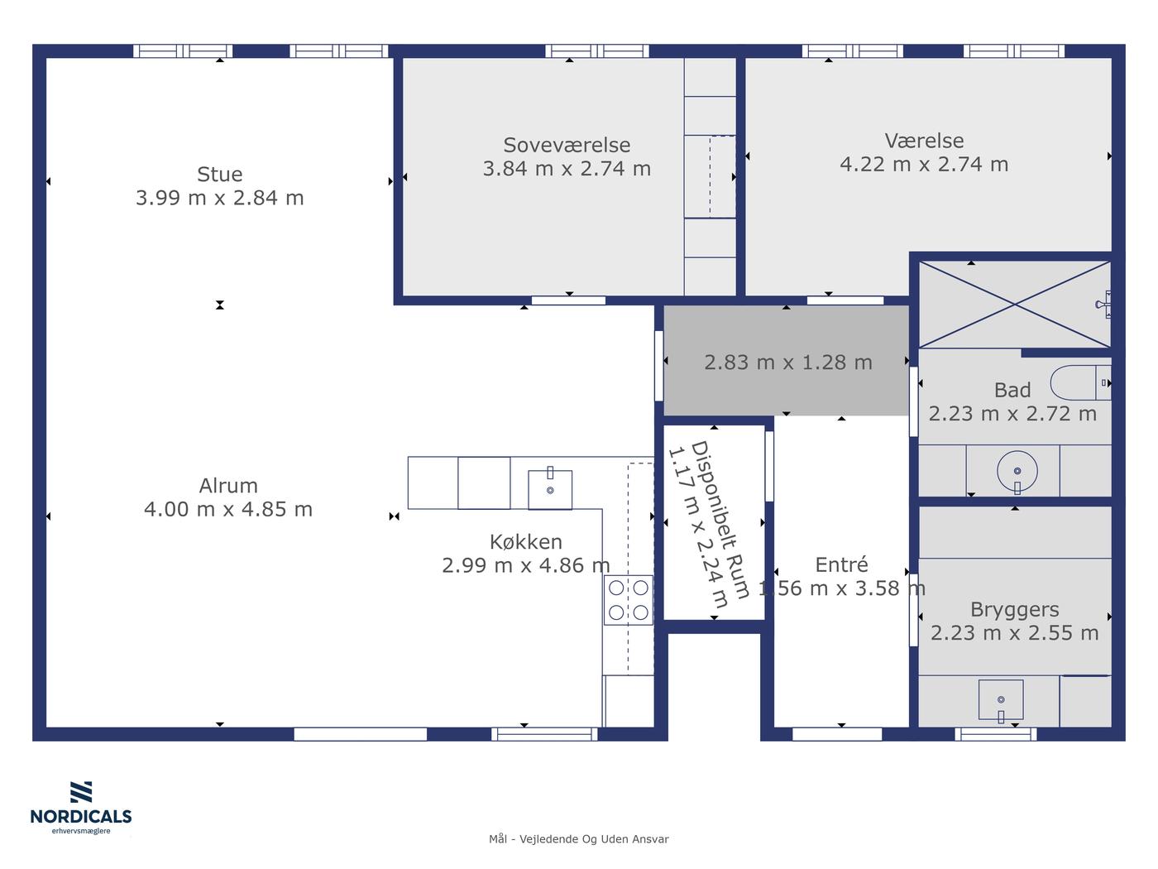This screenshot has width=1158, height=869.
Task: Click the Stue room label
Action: click(219, 174)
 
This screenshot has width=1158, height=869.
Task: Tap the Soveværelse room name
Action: click(567, 145)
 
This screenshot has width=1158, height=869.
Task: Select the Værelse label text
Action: click(924, 141)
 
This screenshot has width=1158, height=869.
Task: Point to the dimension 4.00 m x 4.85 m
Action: click(228, 509)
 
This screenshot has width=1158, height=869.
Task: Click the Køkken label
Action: click(525, 542)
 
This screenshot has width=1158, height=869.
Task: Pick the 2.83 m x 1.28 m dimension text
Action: click(788, 362)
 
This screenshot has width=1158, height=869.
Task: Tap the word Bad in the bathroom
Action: click(1012, 390)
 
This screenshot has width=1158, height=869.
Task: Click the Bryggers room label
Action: click(1015, 610)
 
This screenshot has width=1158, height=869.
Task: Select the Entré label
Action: click(841, 564)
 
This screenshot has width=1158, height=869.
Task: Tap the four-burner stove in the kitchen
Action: click(629, 600)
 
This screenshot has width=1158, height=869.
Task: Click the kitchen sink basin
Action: click(550, 490)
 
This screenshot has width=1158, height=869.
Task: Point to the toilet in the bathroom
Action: click(1080, 382)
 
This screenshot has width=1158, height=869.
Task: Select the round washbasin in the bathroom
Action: click(1017, 471)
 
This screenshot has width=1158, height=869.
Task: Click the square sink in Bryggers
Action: click(1001, 699)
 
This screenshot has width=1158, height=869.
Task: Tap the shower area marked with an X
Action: click(1015, 305)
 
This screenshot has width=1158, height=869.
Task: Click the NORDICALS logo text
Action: click(81, 817)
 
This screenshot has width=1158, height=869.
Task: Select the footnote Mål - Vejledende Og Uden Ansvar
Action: click(579, 839)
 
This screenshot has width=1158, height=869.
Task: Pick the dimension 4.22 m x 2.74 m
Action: click(924, 164)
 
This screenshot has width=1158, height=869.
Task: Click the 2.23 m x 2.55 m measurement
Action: click(1015, 632)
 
